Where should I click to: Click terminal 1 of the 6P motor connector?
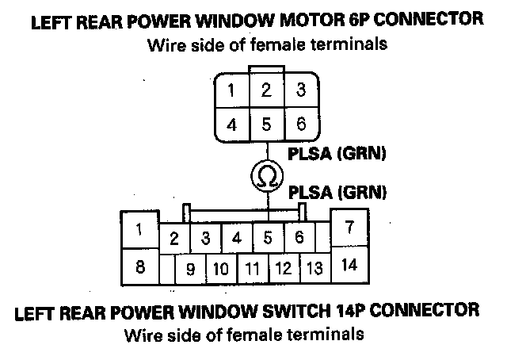[231, 90]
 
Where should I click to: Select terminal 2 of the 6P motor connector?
[265, 90]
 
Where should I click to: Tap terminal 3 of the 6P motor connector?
[300, 90]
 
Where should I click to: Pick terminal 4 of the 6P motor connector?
[231, 124]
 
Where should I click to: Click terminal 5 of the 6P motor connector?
[265, 124]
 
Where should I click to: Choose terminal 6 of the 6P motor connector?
[300, 124]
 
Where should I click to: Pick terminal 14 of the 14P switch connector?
[349, 266]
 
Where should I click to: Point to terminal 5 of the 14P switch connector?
[268, 237]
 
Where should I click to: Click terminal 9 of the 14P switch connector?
[190, 268]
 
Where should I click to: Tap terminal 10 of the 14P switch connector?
[221, 268]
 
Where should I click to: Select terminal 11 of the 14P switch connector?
[252, 268]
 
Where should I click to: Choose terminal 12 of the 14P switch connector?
[283, 268]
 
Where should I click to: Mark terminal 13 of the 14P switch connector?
[314, 268]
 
